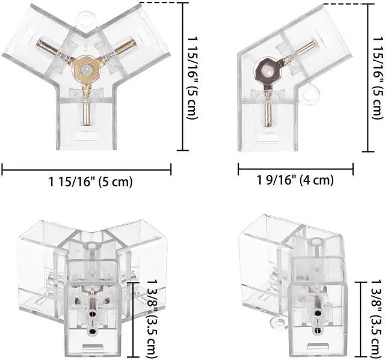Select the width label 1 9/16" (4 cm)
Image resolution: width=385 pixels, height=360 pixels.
(295, 180)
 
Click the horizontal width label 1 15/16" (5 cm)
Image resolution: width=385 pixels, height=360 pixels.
(91, 182)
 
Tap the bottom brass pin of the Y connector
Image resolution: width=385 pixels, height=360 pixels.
(87, 114)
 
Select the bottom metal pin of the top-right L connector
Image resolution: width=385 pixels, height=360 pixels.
(268, 115)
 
